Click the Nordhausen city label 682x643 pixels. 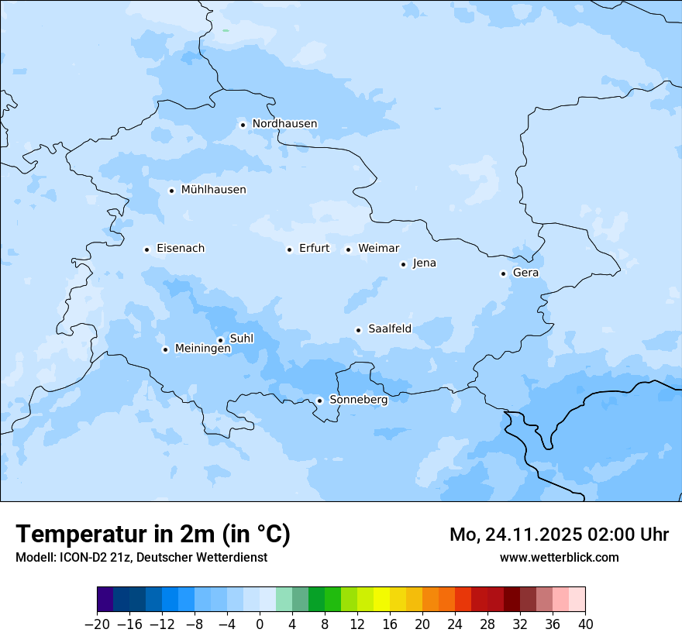284,124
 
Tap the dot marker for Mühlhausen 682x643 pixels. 172,191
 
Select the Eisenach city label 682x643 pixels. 181,249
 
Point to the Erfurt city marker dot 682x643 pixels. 290,249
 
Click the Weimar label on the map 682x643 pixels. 378,249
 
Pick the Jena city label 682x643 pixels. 424,263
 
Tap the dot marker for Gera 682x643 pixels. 503,273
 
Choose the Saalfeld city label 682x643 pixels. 390,329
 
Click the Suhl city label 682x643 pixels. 242,339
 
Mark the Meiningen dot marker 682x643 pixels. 165,349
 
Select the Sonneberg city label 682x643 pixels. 359,400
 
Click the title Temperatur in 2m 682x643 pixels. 153,535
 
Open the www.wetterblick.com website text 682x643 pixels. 559,557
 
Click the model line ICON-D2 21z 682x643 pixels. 141,557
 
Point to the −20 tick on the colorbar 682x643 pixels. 97,624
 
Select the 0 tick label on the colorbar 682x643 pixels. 260,624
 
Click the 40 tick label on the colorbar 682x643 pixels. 585,624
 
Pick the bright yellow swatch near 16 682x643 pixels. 381,600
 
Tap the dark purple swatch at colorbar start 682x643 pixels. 105,600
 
